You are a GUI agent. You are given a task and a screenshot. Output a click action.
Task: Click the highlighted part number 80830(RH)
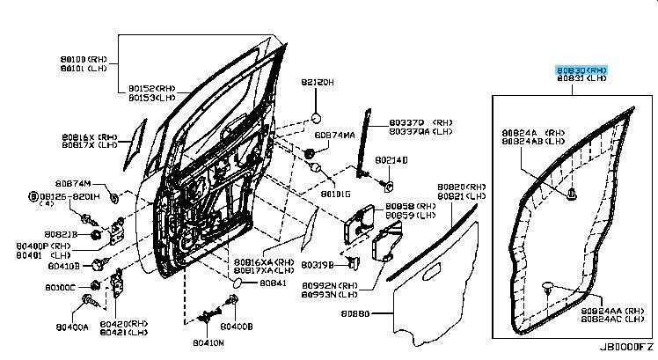[x=581, y=69]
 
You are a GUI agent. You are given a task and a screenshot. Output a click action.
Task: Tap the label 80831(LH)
[x=581, y=78]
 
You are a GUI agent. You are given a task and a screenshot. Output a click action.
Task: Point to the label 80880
[x=356, y=312]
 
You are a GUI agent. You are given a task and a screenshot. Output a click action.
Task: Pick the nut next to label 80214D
[x=389, y=186]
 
